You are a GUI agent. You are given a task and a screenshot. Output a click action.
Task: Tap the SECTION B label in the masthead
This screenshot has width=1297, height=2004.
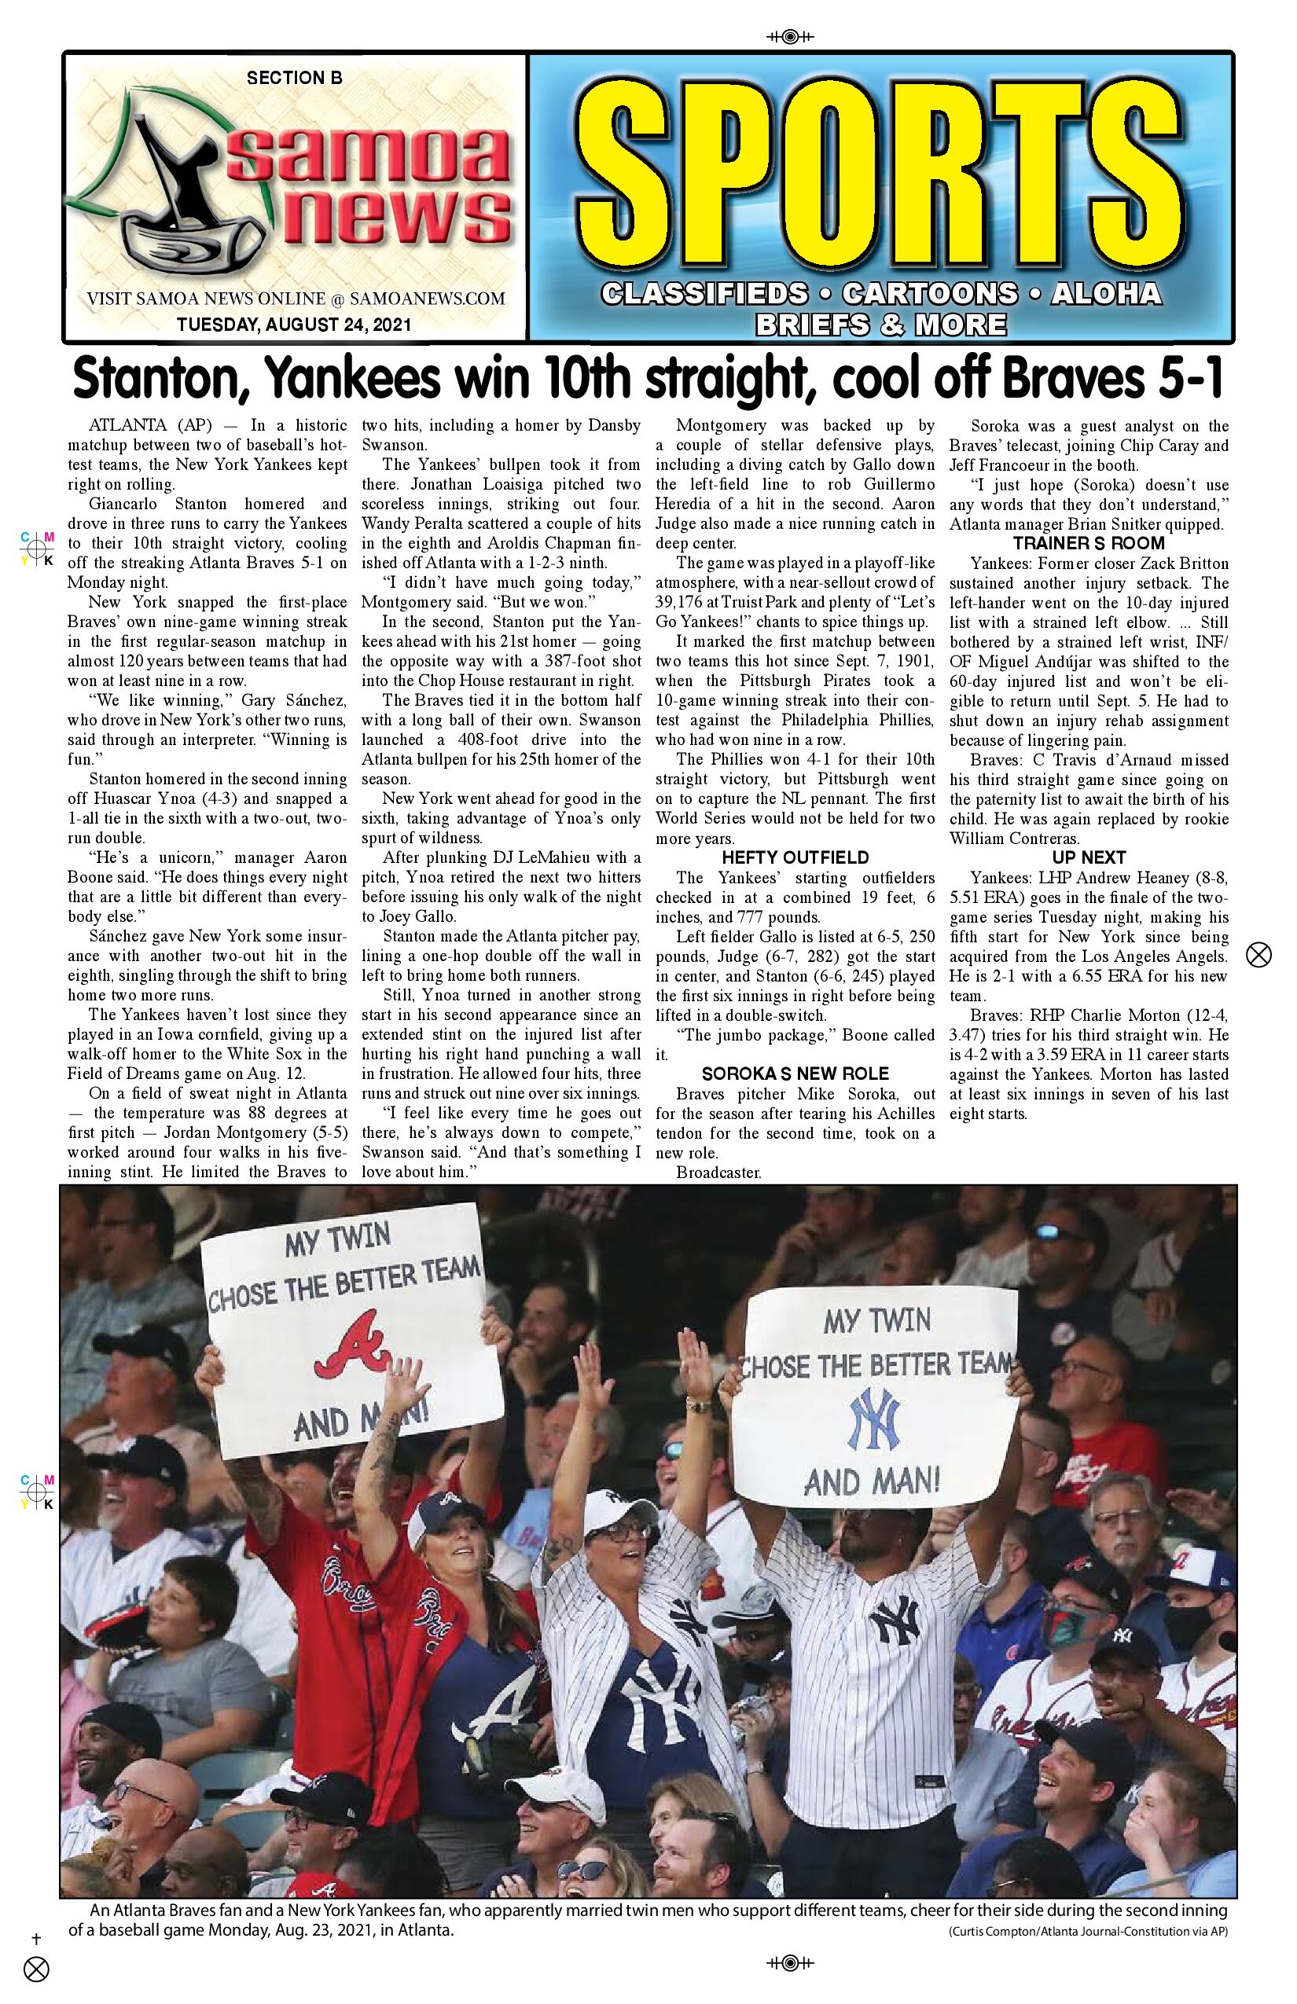294,79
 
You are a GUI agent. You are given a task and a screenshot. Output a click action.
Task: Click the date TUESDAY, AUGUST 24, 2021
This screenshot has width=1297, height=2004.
294,324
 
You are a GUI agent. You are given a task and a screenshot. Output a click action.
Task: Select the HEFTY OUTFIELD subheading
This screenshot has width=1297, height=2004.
795,858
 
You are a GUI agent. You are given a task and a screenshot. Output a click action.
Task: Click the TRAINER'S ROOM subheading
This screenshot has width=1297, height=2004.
1088,544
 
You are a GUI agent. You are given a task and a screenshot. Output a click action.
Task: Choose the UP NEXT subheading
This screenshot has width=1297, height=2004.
1088,858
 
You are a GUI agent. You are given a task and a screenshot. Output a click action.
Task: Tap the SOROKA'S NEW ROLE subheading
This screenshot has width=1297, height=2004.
795,1074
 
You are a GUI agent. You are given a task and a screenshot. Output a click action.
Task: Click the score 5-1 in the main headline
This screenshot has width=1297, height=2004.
1189,380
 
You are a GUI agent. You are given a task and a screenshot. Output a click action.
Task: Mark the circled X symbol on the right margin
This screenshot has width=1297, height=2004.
1258,955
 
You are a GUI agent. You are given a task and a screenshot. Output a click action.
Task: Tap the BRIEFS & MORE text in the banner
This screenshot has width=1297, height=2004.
880,324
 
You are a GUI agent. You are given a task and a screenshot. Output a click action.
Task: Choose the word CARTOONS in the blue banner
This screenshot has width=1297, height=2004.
929,293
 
